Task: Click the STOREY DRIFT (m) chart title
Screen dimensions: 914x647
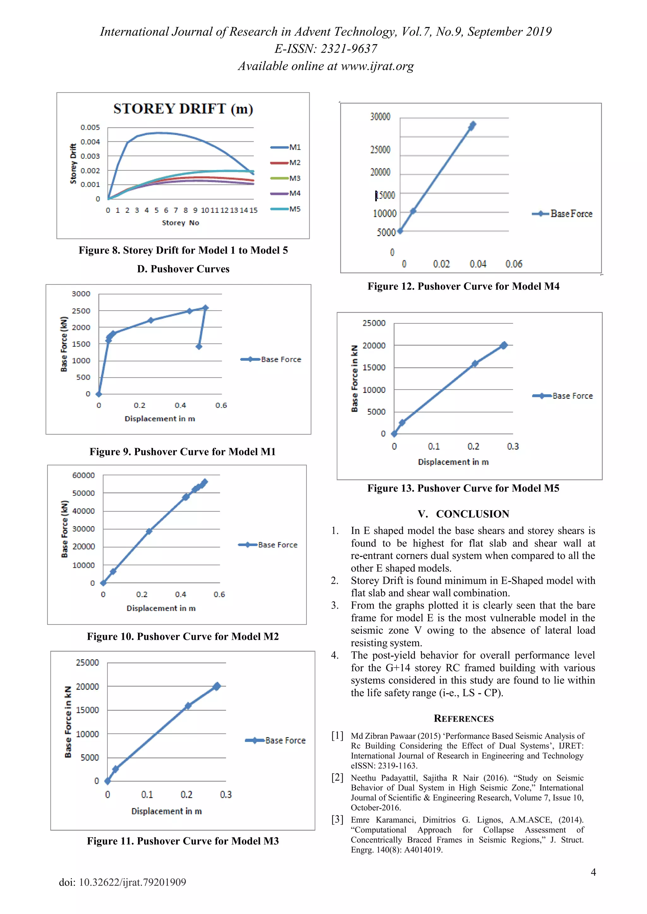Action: click(x=183, y=109)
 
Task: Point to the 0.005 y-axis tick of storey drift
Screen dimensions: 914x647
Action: click(x=90, y=128)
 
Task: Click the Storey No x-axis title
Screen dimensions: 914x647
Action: click(x=180, y=223)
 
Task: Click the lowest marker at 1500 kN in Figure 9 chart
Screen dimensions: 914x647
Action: click(x=199, y=346)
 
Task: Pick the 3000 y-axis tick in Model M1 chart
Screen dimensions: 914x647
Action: click(x=81, y=294)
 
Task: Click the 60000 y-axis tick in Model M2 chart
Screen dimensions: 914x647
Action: click(x=83, y=475)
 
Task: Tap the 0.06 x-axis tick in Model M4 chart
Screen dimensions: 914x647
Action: click(x=514, y=264)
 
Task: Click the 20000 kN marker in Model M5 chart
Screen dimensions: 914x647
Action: click(x=504, y=345)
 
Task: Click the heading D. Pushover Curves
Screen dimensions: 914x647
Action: click(x=183, y=269)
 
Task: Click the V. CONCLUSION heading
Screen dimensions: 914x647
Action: click(x=463, y=514)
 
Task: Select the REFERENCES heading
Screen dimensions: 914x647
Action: click(x=463, y=719)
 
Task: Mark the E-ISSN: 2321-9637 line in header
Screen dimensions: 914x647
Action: click(x=325, y=49)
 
